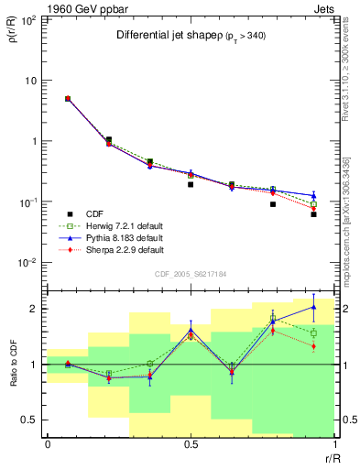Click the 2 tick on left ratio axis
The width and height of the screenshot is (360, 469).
coord(37,309)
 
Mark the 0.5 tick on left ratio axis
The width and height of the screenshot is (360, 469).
coord(32,420)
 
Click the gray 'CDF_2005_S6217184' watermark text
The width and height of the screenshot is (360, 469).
coord(191,272)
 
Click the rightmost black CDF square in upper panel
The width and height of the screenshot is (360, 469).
coord(313,214)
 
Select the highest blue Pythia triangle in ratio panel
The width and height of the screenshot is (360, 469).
coord(313,307)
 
